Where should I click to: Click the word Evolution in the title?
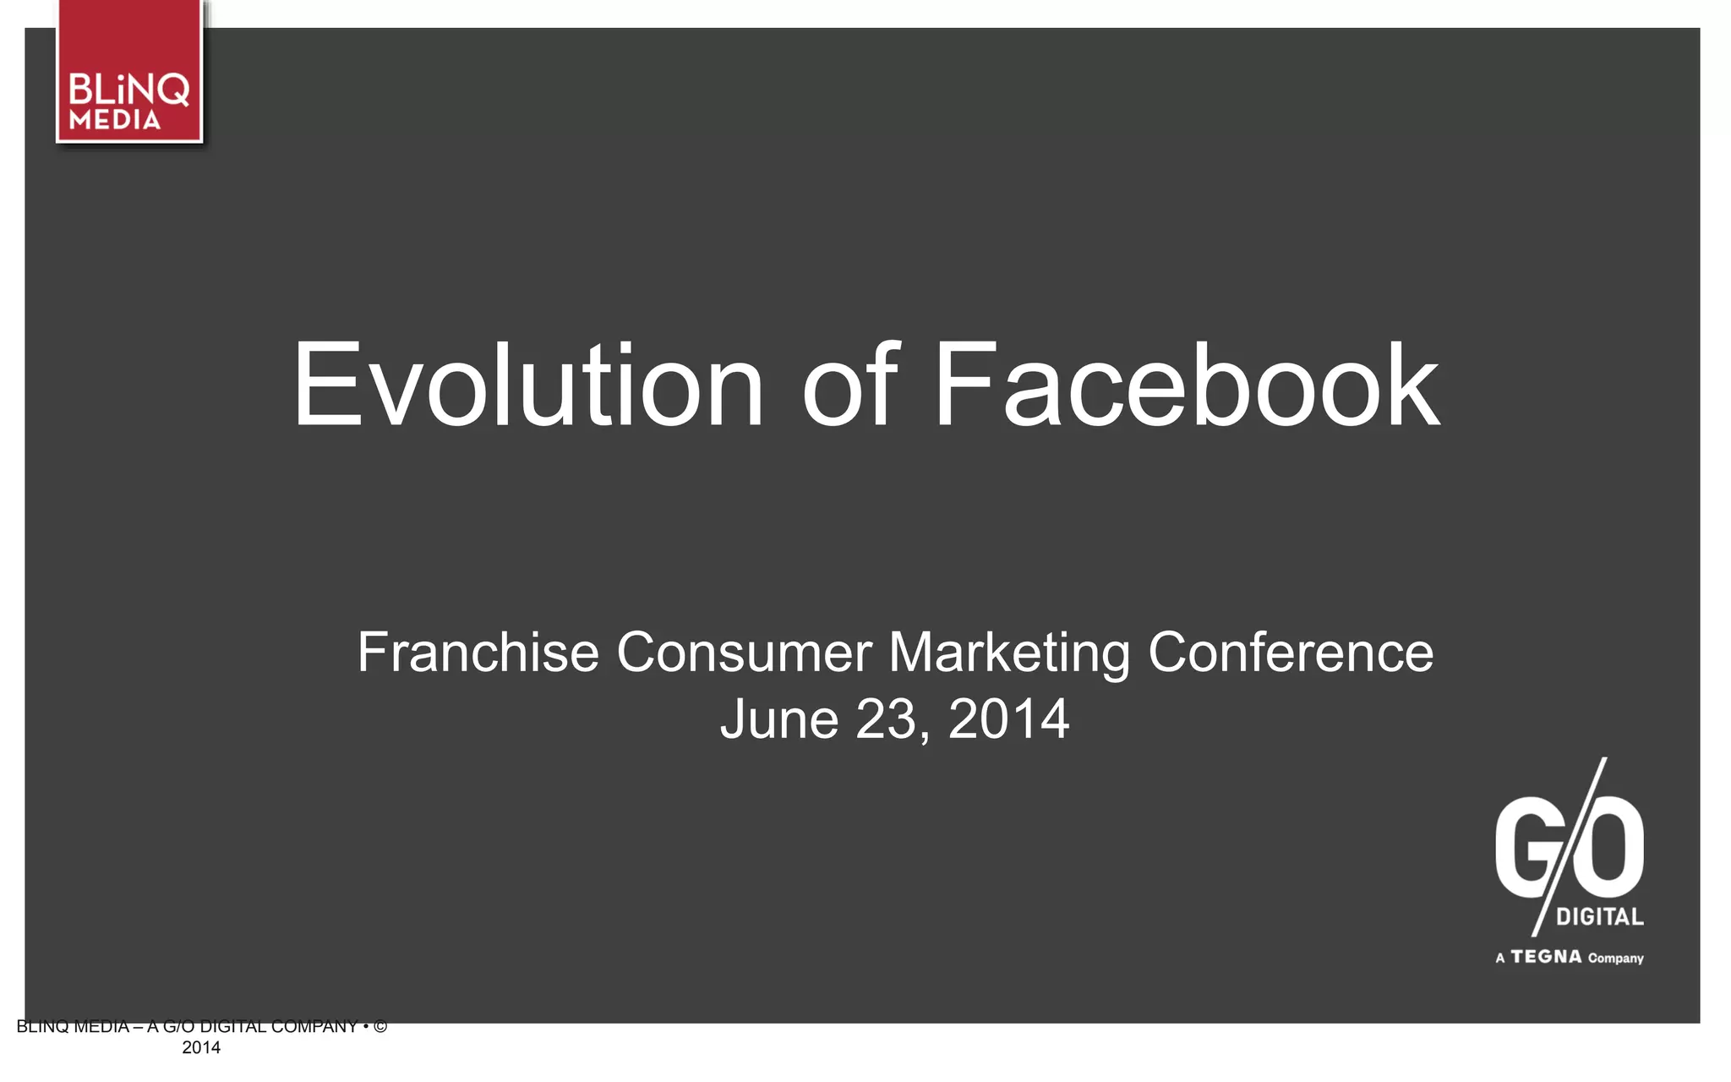pyautogui.click(x=528, y=385)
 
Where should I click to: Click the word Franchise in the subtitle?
pyautogui.click(x=478, y=653)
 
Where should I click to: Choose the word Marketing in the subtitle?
pyautogui.click(x=1009, y=654)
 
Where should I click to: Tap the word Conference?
pyautogui.click(x=1291, y=653)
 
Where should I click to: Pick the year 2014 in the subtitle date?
pyautogui.click(x=1009, y=719)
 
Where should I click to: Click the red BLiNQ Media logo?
pyautogui.click(x=129, y=73)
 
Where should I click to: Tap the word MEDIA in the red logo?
pyautogui.click(x=115, y=120)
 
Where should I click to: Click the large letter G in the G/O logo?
pyautogui.click(x=1526, y=850)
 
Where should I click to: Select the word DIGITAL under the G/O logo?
pyautogui.click(x=1600, y=917)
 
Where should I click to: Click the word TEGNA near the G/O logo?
pyautogui.click(x=1546, y=957)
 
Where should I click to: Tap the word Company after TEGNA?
pyautogui.click(x=1615, y=959)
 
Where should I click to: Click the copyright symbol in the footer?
pyautogui.click(x=380, y=1027)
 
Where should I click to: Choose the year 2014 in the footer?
pyautogui.click(x=201, y=1048)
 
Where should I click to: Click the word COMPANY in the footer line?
pyautogui.click(x=314, y=1027)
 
